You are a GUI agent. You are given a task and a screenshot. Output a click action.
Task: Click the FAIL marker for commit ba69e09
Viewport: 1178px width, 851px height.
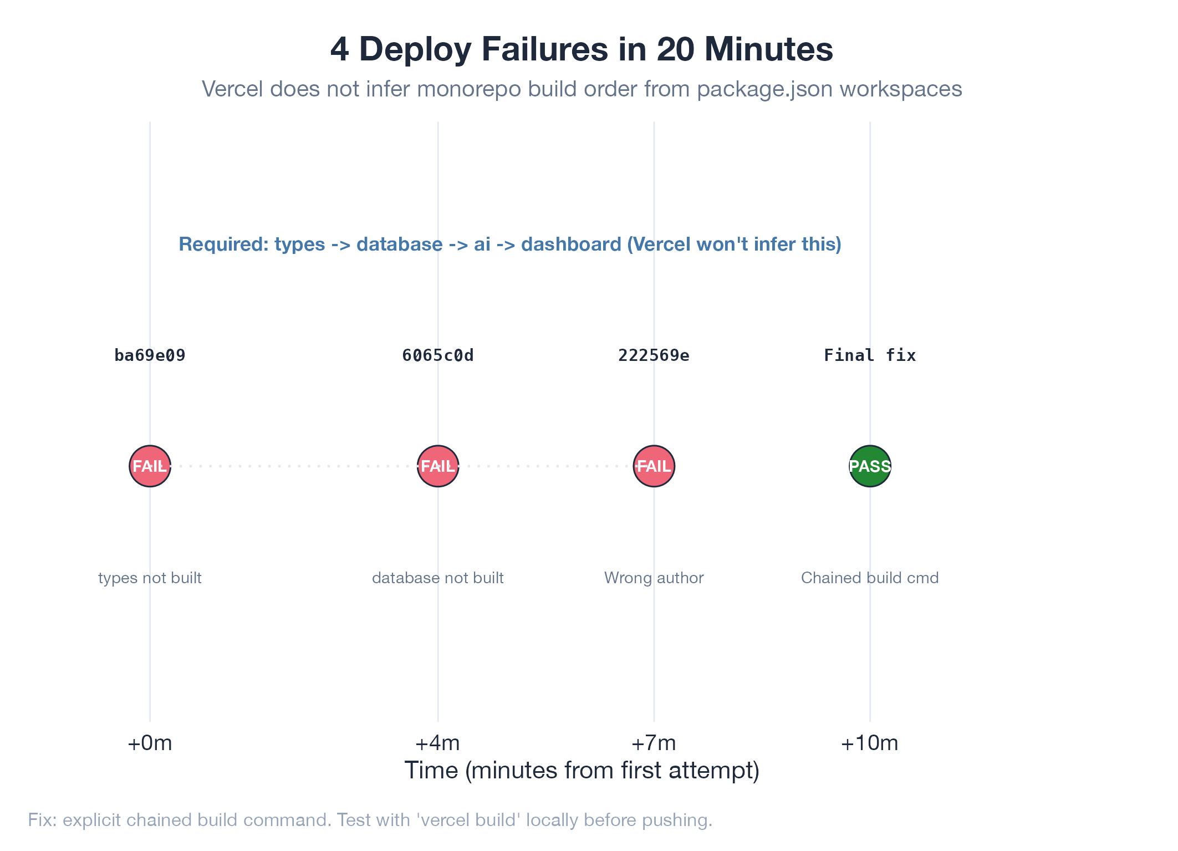coord(150,466)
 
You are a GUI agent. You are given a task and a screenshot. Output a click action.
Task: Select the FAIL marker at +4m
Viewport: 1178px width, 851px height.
coord(438,466)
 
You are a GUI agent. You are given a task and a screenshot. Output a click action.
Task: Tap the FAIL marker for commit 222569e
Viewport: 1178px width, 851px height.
coord(654,466)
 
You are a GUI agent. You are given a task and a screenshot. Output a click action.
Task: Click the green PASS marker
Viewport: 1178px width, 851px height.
coord(870,466)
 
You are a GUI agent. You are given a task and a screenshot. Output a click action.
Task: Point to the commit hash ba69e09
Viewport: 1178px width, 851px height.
coord(150,355)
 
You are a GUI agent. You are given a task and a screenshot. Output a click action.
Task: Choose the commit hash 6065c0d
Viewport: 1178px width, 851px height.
coord(438,355)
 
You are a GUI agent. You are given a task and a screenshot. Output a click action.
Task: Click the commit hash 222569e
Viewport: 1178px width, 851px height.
coord(654,355)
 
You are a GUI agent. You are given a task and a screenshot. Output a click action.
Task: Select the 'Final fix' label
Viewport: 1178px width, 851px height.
coord(870,355)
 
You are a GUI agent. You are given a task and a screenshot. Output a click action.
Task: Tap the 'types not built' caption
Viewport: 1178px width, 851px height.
coord(150,578)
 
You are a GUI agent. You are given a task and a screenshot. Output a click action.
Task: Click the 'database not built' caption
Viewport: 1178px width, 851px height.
coord(438,578)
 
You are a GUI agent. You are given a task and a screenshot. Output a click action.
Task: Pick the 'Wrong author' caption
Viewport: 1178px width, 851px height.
coord(654,578)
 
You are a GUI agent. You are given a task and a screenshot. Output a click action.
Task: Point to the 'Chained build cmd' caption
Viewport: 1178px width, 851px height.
coord(870,578)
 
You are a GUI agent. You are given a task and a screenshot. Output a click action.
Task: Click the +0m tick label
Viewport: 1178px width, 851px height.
coord(150,743)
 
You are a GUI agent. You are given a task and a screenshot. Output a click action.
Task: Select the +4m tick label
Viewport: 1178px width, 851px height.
coord(438,743)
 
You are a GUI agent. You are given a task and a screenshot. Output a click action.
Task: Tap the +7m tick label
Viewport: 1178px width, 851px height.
coord(654,743)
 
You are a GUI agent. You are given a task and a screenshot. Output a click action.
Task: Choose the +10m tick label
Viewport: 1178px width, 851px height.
coord(870,743)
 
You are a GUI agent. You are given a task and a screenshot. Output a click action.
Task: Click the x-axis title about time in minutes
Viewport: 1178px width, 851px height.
coord(582,771)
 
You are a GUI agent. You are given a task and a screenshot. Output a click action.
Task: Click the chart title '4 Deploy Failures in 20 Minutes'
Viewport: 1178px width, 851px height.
coord(582,49)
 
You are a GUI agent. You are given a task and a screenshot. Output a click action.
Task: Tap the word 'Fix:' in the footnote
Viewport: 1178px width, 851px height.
coord(42,820)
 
